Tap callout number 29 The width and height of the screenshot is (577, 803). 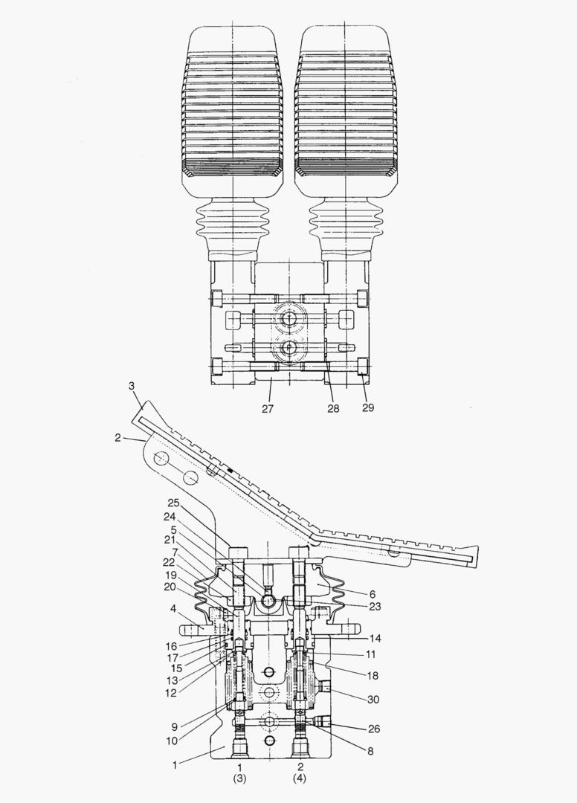click(368, 408)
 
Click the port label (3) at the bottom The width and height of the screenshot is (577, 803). click(240, 778)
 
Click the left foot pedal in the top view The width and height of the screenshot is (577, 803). click(233, 112)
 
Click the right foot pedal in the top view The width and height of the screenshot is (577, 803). click(344, 112)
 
